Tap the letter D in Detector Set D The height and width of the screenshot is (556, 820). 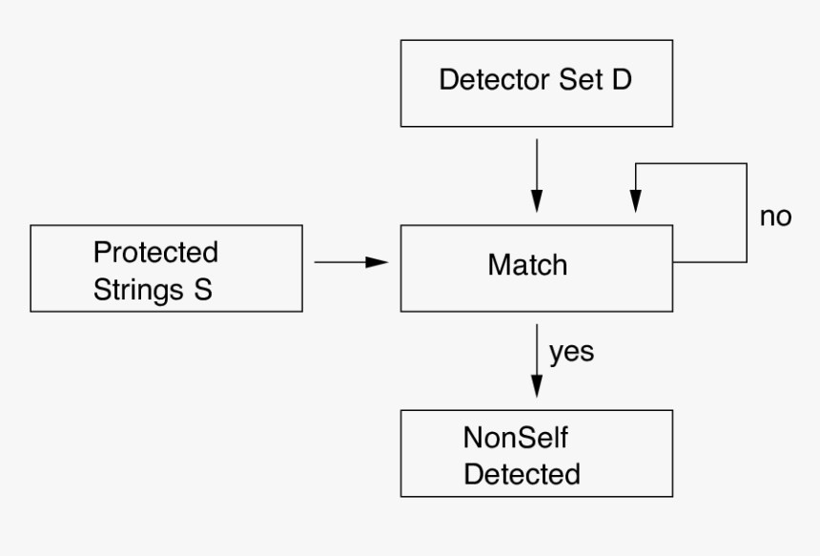tap(622, 80)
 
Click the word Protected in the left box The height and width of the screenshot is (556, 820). tap(155, 253)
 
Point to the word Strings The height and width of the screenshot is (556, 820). tap(136, 289)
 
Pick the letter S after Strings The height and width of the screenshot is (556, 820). tap(204, 289)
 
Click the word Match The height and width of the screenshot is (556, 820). tap(527, 264)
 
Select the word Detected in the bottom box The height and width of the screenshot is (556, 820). tap(522, 473)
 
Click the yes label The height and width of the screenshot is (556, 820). tap(571, 352)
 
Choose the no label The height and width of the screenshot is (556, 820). tap(775, 216)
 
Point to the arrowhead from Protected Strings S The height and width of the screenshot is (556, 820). tap(379, 262)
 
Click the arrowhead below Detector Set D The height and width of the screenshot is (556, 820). tap(537, 201)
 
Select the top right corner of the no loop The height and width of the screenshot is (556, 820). tap(747, 164)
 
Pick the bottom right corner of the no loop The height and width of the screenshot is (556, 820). tap(747, 262)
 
